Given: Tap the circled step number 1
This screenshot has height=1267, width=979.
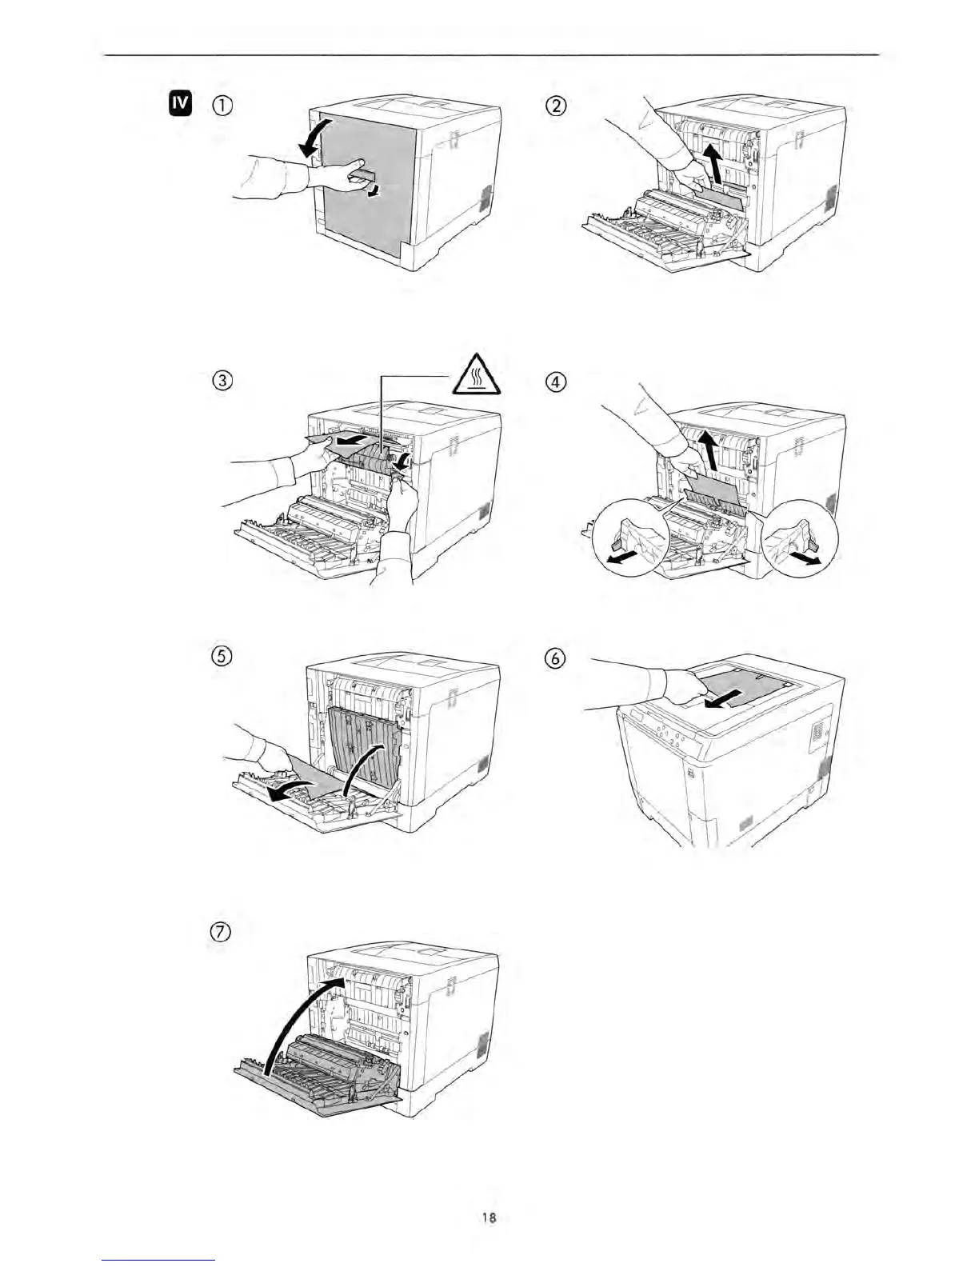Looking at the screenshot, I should click(222, 106).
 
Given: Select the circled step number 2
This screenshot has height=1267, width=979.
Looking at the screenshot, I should click(556, 105).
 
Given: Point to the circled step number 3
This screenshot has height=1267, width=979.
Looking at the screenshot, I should click(222, 381).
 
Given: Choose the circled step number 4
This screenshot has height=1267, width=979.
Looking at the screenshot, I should click(556, 381).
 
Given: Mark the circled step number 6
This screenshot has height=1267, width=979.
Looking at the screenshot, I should click(556, 657).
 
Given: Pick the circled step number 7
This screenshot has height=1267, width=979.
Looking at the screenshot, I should click(222, 932).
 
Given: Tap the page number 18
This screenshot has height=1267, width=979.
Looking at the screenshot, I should click(489, 1218).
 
